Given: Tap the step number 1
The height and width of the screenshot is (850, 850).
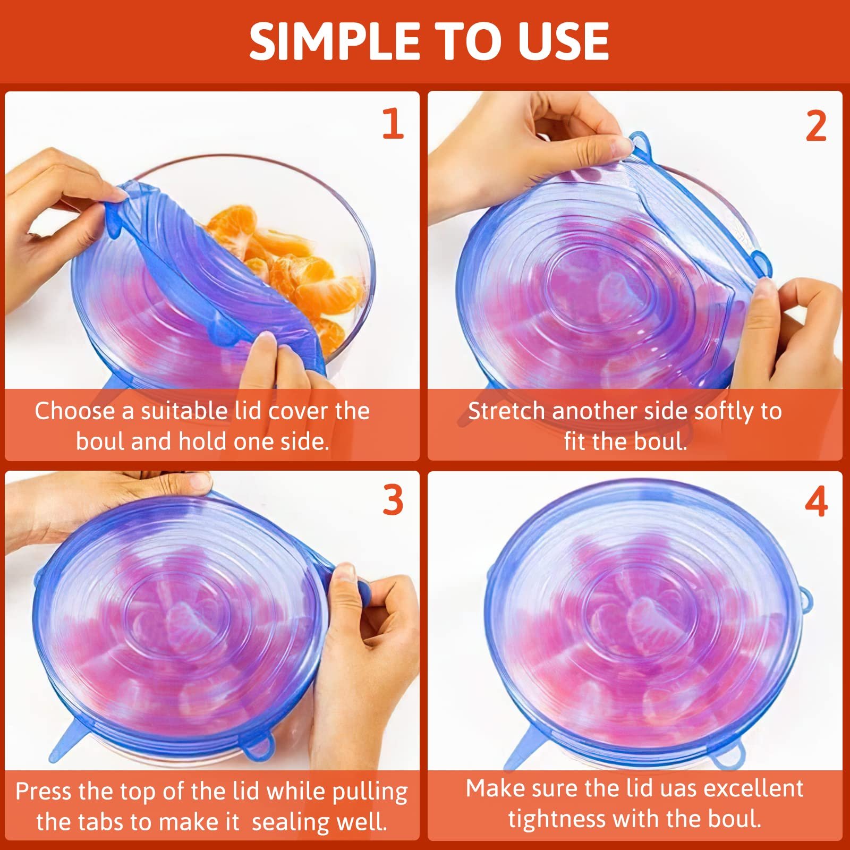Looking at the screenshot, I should click(x=393, y=124).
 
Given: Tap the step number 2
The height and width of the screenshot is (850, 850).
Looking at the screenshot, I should click(x=816, y=126).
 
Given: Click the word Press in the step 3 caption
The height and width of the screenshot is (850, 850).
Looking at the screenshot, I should click(x=43, y=792).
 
